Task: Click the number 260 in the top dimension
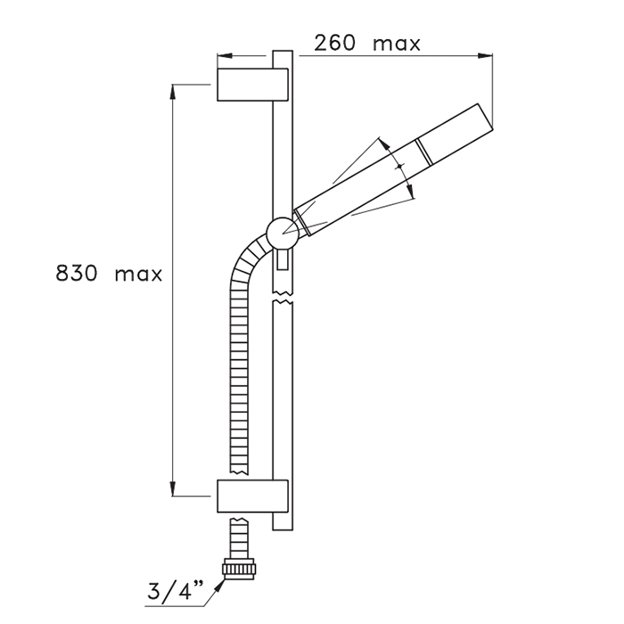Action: pos(334,43)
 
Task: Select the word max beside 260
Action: pos(397,45)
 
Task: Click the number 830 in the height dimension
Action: pos(76,274)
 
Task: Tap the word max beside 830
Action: pos(138,275)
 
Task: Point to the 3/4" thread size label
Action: pos(175,590)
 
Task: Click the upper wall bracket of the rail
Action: pos(252,85)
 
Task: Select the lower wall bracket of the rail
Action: pos(252,496)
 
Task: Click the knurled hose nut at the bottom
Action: pos(238,569)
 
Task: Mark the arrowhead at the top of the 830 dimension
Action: pos(173,92)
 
